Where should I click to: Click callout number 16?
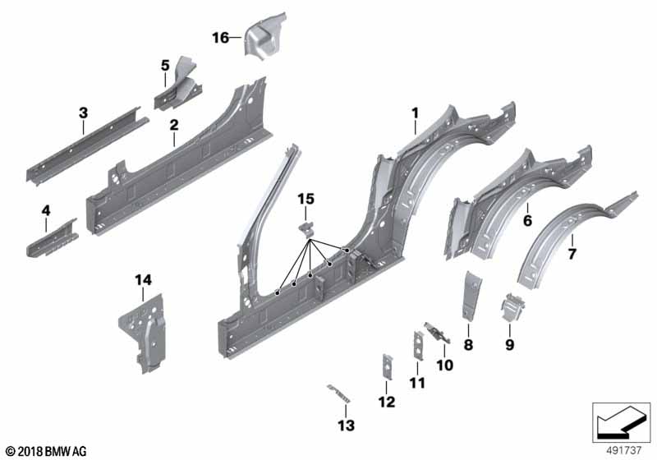(220, 38)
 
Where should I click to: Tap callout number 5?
(165, 63)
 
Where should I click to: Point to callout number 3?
(83, 112)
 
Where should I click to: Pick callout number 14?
(144, 281)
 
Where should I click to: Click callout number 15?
(306, 199)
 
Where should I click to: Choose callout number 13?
(347, 425)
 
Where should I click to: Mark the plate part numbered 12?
(384, 367)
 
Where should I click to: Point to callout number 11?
(418, 383)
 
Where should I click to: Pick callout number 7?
(572, 254)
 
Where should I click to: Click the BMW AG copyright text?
(46, 450)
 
